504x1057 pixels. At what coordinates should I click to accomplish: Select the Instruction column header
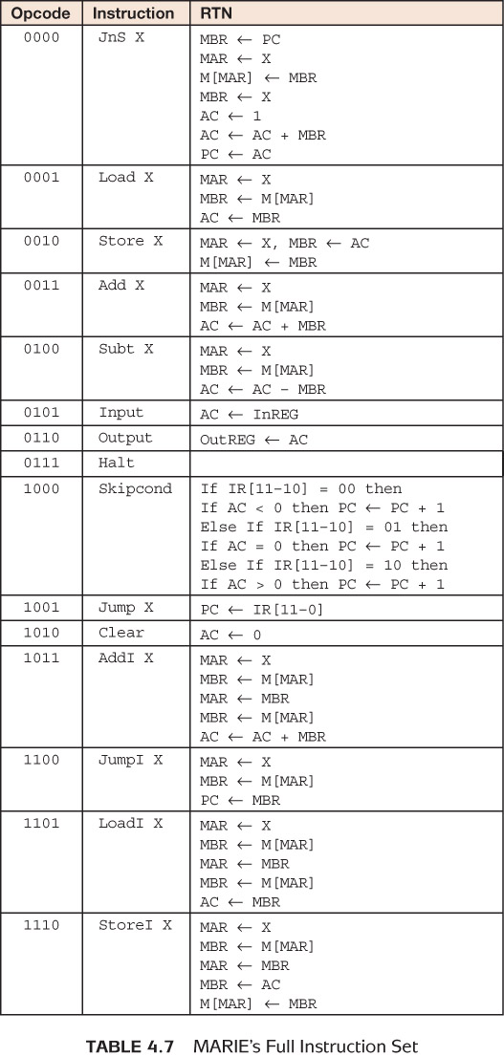click(x=133, y=13)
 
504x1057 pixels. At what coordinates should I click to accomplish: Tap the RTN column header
click(x=216, y=13)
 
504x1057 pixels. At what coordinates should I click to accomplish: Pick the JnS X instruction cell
click(x=121, y=38)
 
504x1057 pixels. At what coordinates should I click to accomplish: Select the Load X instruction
click(x=125, y=178)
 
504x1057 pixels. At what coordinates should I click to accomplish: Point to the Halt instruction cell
click(x=117, y=463)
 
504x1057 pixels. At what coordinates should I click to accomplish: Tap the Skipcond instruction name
click(x=135, y=488)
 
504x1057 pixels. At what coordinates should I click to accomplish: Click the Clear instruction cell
click(x=121, y=633)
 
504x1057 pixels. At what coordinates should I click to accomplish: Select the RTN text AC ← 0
click(x=230, y=635)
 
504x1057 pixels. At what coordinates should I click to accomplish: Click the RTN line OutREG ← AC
click(x=253, y=440)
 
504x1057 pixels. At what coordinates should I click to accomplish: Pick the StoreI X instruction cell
click(x=135, y=925)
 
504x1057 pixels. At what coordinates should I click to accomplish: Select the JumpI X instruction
click(x=130, y=760)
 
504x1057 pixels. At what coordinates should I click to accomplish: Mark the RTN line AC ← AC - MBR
click(x=263, y=389)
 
